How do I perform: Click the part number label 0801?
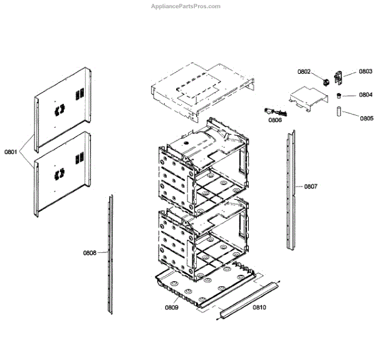(12, 152)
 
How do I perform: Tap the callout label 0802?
(304, 72)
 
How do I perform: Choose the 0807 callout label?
(311, 187)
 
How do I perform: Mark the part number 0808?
(90, 253)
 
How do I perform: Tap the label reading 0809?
(172, 308)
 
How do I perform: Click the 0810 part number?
(259, 307)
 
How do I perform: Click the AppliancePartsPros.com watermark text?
(187, 6)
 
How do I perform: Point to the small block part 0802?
(326, 81)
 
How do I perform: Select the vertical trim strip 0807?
(291, 188)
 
